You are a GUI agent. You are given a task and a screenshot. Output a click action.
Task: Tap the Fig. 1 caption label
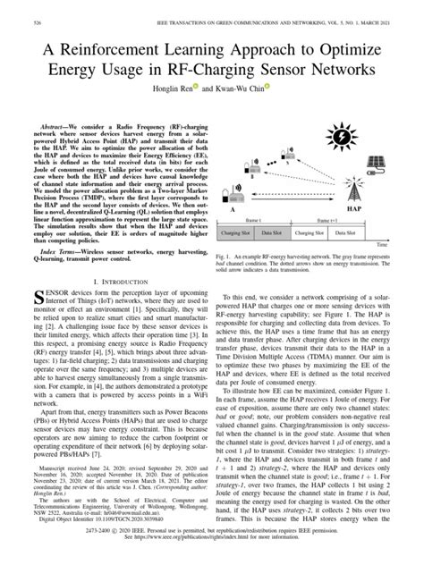click(x=225, y=255)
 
